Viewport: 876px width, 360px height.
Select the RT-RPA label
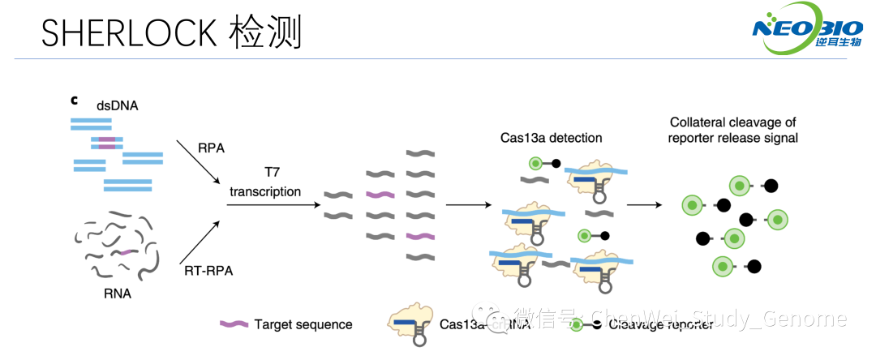208,271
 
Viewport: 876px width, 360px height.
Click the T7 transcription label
265,183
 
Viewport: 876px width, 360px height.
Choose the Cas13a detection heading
551,138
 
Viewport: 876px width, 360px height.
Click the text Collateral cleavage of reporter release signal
733,130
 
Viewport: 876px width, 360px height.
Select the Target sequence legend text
303,324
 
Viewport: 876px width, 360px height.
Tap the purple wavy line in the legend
233,324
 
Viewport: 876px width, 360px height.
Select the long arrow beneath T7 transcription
272,204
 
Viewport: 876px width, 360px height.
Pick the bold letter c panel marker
74,101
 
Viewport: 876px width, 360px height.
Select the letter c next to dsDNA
74,101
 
